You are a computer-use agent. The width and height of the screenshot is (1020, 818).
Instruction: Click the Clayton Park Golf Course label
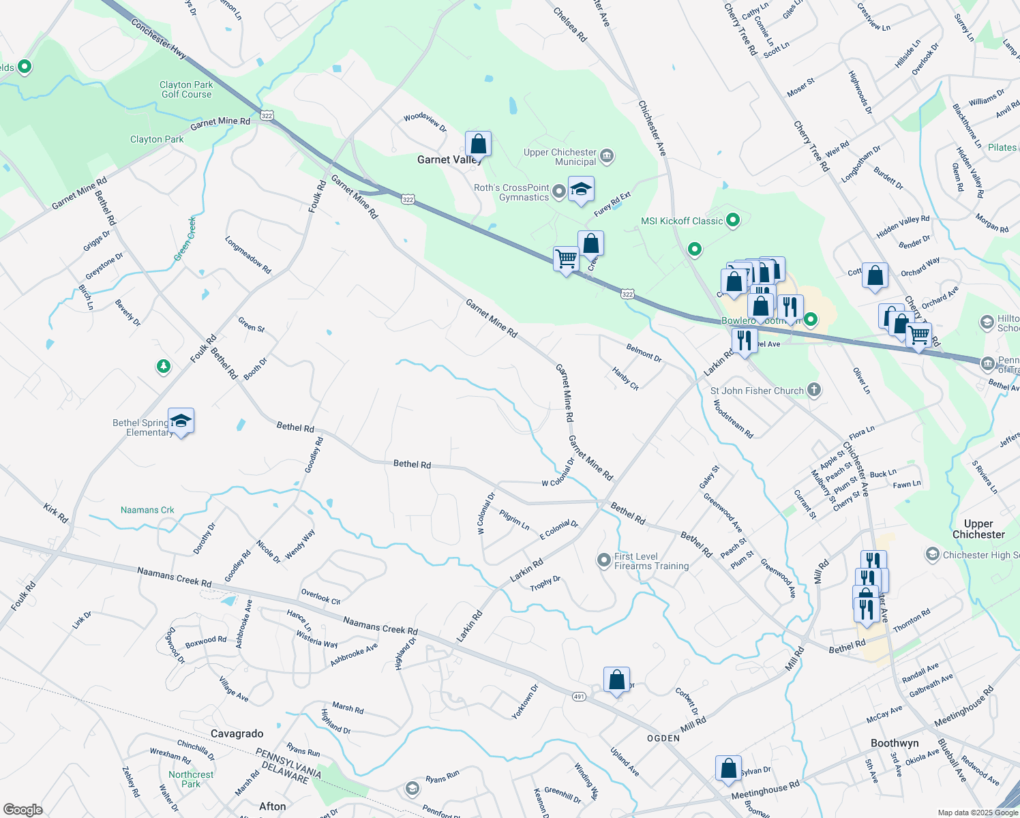click(186, 89)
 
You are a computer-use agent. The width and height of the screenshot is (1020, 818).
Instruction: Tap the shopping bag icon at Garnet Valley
click(478, 145)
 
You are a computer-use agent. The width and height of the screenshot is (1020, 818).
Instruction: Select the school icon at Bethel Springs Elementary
click(181, 421)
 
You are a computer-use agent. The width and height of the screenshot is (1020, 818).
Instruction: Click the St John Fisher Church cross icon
click(813, 391)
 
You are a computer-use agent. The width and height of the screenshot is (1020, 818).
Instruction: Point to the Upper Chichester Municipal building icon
click(607, 157)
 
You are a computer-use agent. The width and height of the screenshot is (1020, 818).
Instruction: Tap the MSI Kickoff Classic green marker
click(733, 220)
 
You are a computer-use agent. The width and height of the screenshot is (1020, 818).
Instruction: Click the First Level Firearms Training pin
click(603, 560)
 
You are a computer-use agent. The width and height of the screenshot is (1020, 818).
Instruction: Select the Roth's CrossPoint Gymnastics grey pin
click(559, 192)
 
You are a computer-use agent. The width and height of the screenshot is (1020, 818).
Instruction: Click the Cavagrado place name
click(237, 733)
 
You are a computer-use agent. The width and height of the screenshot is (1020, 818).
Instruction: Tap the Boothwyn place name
click(895, 743)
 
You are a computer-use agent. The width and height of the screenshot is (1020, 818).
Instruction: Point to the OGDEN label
click(663, 738)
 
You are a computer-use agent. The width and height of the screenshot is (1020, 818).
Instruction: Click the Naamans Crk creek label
click(147, 510)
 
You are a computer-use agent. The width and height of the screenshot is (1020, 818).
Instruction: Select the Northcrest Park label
click(191, 779)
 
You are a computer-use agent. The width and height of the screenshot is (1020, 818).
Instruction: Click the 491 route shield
click(579, 697)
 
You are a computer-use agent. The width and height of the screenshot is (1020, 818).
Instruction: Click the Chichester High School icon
click(932, 554)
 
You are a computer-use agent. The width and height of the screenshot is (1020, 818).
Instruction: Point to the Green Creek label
click(184, 239)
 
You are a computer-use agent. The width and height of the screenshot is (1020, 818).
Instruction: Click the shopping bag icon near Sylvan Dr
click(728, 768)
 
